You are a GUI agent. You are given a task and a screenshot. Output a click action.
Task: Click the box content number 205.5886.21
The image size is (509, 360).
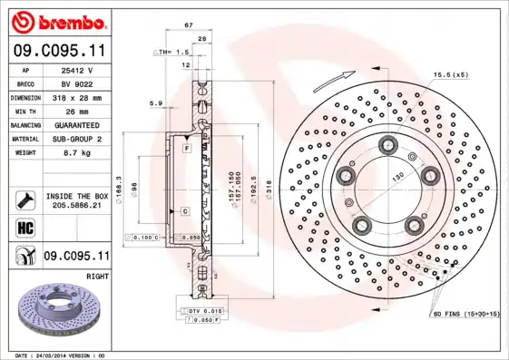click(x=77, y=207)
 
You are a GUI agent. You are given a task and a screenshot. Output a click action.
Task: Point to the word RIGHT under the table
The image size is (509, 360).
click(x=97, y=275)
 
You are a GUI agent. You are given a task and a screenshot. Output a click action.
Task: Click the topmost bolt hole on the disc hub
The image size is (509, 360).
click(x=389, y=142)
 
